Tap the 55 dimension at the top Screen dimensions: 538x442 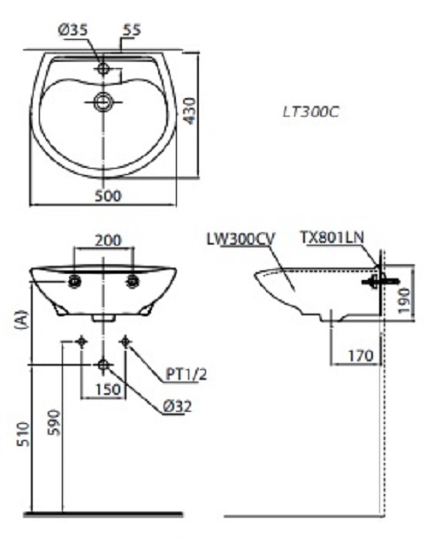pyautogui.click(x=132, y=30)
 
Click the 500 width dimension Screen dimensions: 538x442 pyautogui.click(x=109, y=195)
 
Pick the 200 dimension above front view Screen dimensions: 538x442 pyautogui.click(x=106, y=240)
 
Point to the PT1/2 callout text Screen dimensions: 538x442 pyautogui.click(x=187, y=374)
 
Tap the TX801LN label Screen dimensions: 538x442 pyautogui.click(x=332, y=239)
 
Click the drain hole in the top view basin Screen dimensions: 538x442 pyautogui.click(x=104, y=102)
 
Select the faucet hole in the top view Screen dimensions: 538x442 pyautogui.click(x=104, y=67)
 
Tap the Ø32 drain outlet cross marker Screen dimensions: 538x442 pyautogui.click(x=104, y=364)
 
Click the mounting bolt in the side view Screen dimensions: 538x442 pyautogui.click(x=375, y=282)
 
